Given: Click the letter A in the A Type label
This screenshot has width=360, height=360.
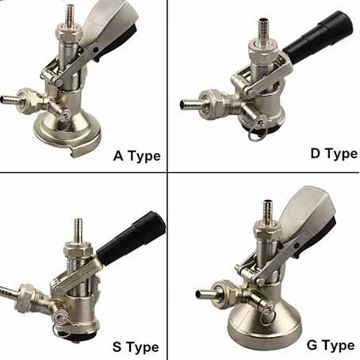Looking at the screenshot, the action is coord(118,155).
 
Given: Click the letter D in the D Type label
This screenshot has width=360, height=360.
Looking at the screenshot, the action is coord(316,153).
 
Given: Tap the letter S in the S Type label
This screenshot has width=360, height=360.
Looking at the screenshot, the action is coord(117,347).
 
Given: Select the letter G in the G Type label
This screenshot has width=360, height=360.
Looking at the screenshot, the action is coord(312,345).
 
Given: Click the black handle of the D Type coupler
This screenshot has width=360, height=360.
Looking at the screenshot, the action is coord(318,36).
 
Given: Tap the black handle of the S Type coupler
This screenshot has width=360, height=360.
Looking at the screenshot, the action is coord(131,238).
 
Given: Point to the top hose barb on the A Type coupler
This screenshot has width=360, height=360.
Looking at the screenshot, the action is coord(70,15).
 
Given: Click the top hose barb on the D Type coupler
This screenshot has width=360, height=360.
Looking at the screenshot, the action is coord(263,29).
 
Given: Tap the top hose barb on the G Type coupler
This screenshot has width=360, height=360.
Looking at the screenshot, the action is coord(268,212).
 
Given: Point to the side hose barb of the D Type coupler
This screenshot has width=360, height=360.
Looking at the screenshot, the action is coord(190,104).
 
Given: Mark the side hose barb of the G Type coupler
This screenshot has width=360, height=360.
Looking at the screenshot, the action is coord(205,294).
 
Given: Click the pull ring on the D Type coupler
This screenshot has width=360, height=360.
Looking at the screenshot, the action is coord(256,134).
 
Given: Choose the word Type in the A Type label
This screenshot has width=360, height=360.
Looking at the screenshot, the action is coord(144,156).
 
